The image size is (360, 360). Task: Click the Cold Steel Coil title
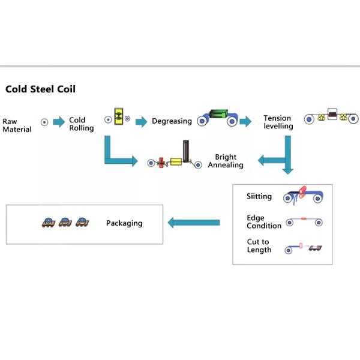pos(40,89)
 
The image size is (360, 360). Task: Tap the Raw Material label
pos(17,125)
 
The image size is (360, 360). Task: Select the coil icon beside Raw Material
pos(44,122)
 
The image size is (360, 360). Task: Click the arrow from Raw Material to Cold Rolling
pos(59,122)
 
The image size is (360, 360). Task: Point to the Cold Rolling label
pos(81,124)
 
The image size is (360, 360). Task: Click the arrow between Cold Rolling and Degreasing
pos(141,122)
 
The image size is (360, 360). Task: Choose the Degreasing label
pos(172,121)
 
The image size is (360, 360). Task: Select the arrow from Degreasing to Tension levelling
pos(245,122)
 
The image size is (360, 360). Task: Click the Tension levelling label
pos(278,122)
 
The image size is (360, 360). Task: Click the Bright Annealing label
pos(226,161)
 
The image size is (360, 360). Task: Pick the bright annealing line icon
pos(175,158)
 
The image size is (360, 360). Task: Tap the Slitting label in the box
pos(259,196)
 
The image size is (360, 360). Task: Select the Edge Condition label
pos(263,222)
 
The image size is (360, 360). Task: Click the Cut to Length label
pos(259,246)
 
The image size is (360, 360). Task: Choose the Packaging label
pos(124,223)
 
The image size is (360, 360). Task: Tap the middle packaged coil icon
pos(65,223)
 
